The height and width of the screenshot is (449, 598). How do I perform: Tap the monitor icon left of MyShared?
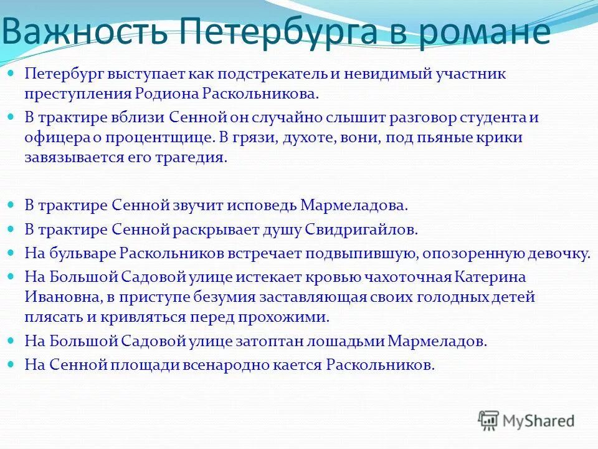[488, 421]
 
